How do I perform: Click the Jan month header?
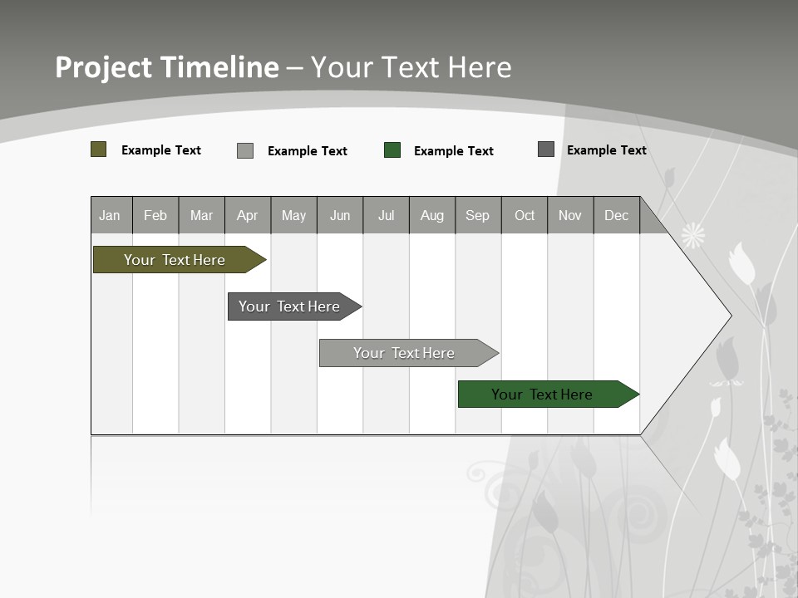[110, 215]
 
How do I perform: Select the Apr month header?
[248, 215]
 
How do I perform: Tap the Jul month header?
[386, 215]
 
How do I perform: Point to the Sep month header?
[477, 215]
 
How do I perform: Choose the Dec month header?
[616, 215]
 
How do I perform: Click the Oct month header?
[525, 215]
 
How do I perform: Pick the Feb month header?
[155, 215]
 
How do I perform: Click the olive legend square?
[99, 149]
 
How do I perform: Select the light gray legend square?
[245, 150]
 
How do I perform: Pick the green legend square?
[392, 150]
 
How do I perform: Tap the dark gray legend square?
[546, 149]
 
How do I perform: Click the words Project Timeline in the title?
[166, 67]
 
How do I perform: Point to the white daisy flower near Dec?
[693, 235]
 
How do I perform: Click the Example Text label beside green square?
[454, 151]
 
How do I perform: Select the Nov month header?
[570, 215]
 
